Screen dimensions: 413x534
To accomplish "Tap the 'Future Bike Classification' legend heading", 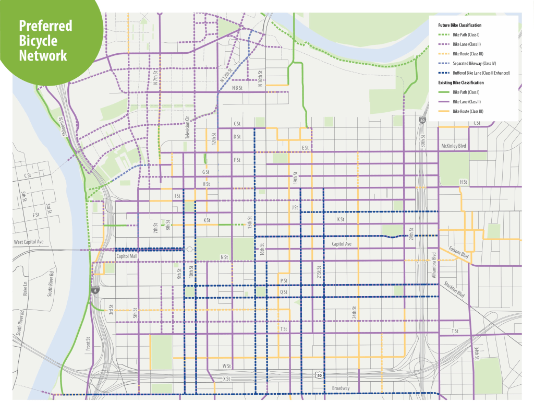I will tap(459, 25).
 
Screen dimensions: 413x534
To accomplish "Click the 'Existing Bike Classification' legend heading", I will tap(461, 82).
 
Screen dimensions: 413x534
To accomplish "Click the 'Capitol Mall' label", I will tap(129, 256).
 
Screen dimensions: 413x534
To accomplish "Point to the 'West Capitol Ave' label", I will tap(30, 242).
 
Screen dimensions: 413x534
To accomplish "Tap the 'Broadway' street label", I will tap(341, 388).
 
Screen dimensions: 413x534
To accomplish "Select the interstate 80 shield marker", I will tap(421, 121).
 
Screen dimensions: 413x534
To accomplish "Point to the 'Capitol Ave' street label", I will tap(342, 244).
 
